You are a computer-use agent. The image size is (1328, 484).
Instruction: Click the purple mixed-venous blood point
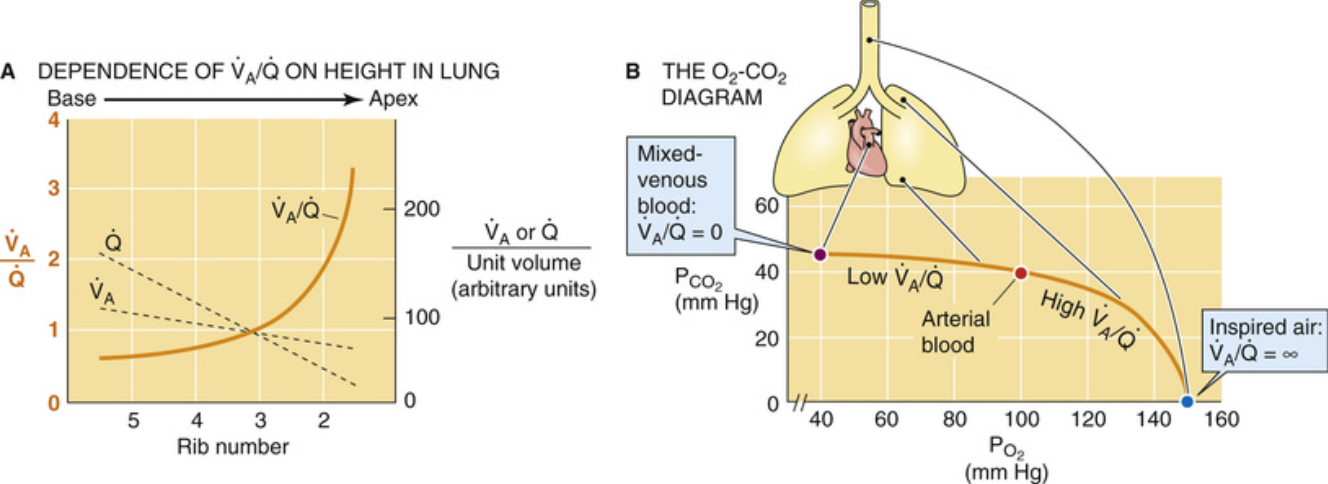tap(820, 254)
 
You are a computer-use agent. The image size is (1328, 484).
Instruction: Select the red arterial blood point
tap(1021, 273)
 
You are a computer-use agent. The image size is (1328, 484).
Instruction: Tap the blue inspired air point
tap(1187, 401)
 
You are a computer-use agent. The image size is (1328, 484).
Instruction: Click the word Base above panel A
tap(72, 99)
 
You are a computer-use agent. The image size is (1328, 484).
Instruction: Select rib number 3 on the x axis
tap(260, 421)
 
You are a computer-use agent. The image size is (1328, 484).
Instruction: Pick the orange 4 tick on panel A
tap(54, 121)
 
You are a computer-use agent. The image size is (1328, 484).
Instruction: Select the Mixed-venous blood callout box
tap(681, 195)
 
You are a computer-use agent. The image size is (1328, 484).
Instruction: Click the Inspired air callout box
tap(1265, 340)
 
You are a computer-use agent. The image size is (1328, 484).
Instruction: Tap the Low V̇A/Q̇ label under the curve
tap(895, 278)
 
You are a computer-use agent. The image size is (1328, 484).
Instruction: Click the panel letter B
tap(633, 71)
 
